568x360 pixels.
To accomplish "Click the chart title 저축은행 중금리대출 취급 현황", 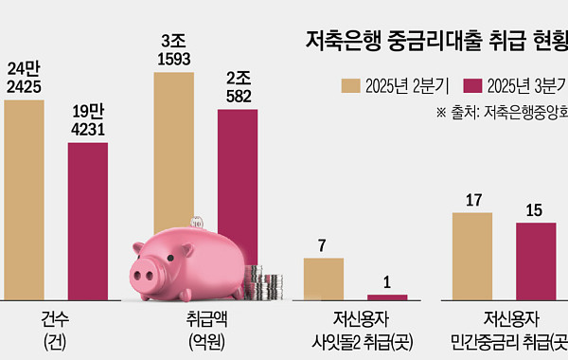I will pyautogui.click(x=435, y=40).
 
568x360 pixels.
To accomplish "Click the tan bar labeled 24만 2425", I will pyautogui.click(x=24, y=199).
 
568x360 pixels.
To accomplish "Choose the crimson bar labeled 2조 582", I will pyautogui.click(x=238, y=171).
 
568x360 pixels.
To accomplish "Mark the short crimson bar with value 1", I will pyautogui.click(x=386, y=297).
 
